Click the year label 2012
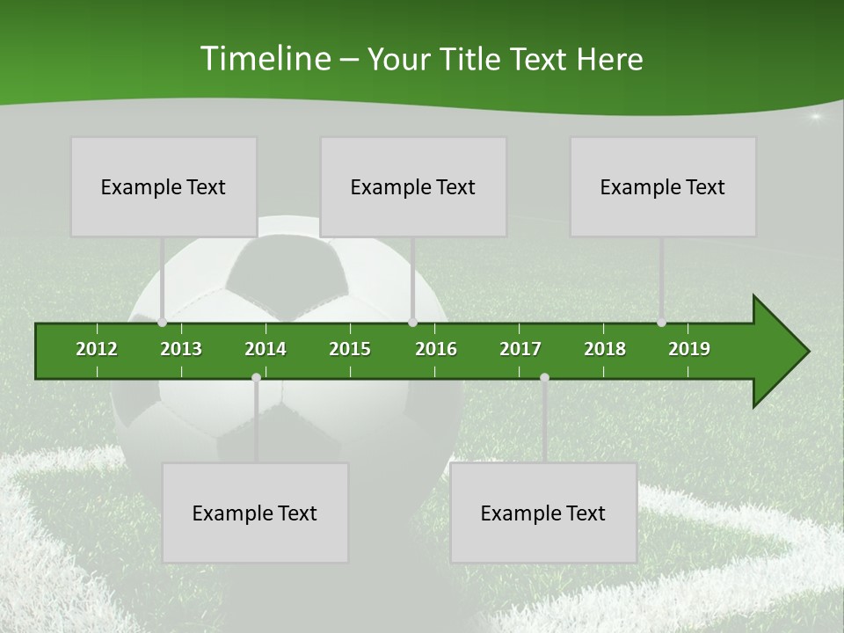click(x=97, y=349)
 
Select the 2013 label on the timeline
click(x=181, y=349)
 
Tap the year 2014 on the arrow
click(x=266, y=349)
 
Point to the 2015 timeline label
click(x=350, y=349)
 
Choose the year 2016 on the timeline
click(x=436, y=349)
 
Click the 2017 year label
click(x=520, y=349)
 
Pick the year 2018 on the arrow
click(x=605, y=349)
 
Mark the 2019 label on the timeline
click(x=689, y=349)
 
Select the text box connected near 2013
click(x=164, y=186)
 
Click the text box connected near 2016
click(x=413, y=186)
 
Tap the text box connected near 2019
click(x=663, y=186)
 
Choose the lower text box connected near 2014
click(x=255, y=513)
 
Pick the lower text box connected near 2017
click(x=543, y=513)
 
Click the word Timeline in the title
click(x=265, y=59)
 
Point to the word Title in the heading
click(x=473, y=59)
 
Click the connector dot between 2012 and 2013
click(x=163, y=322)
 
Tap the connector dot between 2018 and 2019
click(x=661, y=322)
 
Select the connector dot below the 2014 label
click(x=256, y=377)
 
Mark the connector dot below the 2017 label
click(x=544, y=377)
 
